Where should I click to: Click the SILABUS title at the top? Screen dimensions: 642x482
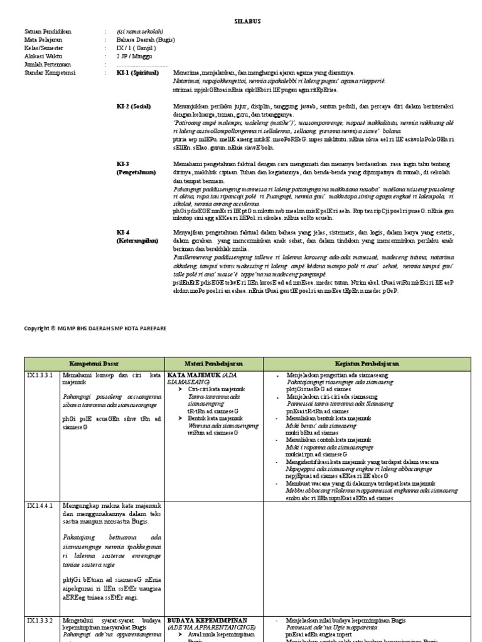[247, 21]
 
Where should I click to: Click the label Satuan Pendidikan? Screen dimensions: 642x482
[48, 31]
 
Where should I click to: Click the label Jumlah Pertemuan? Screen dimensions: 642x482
[47, 64]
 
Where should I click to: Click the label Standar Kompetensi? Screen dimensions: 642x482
[50, 73]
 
